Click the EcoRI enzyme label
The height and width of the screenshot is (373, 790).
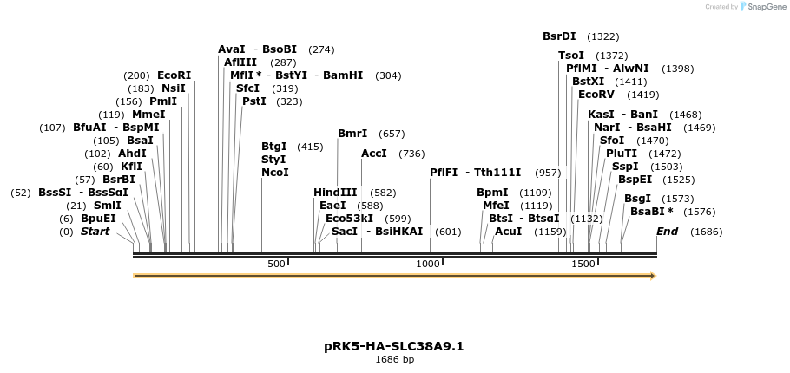tap(174, 75)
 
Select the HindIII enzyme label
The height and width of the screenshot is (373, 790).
tap(335, 193)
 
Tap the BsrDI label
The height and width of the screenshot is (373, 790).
tap(559, 36)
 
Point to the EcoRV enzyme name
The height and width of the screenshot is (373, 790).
tap(596, 95)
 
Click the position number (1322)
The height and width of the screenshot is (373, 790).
tap(603, 36)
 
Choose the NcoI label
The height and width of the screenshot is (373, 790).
tap(274, 173)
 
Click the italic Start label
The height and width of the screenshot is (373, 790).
tap(95, 232)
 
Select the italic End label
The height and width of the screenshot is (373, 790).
tap(667, 232)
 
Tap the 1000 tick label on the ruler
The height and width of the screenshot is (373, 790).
tap(428, 264)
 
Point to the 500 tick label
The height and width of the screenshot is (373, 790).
tap(276, 264)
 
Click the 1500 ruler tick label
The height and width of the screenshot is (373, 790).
tap(583, 264)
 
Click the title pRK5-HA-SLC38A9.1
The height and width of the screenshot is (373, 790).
tap(394, 346)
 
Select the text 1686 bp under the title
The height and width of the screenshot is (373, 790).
tap(394, 359)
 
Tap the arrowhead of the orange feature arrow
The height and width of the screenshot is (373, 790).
tap(652, 276)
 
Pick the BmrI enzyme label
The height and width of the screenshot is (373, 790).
tap(352, 134)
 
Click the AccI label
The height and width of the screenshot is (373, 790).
tap(374, 154)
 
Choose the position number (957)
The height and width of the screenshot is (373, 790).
tap(548, 173)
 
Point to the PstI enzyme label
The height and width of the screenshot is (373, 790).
tap(254, 101)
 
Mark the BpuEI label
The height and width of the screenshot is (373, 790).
tap(98, 219)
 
